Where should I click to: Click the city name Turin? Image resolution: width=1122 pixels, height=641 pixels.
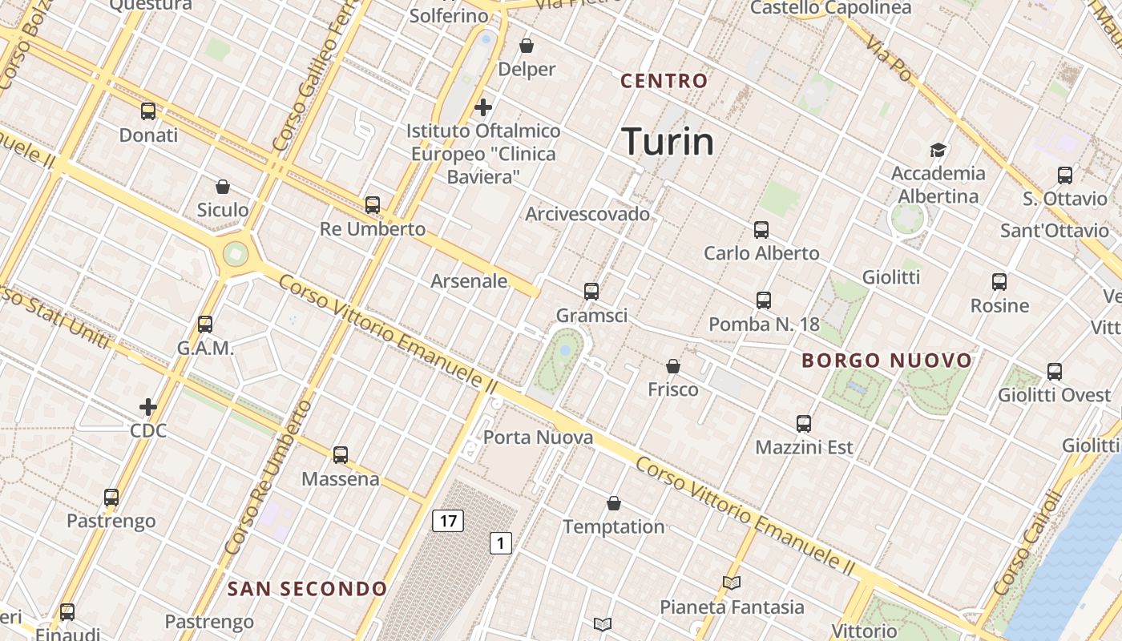click(668, 142)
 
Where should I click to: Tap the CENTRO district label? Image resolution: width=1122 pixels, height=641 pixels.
click(664, 81)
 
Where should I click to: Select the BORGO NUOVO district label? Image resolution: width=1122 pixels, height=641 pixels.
click(887, 361)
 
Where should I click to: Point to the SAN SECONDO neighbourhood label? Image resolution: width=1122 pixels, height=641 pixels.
click(308, 590)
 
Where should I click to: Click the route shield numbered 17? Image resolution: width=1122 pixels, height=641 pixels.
click(448, 521)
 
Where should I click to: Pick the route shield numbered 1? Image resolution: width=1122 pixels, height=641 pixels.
click(501, 543)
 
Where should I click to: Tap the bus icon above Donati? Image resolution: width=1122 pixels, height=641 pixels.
click(148, 111)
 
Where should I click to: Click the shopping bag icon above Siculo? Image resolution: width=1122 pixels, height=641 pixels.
click(223, 187)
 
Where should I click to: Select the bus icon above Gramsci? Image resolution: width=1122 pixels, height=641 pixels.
click(591, 292)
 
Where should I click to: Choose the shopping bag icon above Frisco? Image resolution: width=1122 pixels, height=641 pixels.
click(673, 366)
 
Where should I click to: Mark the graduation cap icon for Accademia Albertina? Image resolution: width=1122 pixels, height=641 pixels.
click(938, 150)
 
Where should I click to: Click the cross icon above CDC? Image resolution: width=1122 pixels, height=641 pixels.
click(148, 407)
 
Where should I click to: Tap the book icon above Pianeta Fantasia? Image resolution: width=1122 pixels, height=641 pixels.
click(731, 583)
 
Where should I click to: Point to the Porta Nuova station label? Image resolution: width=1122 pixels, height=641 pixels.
click(538, 437)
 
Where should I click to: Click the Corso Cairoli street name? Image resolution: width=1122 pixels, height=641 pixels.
click(1026, 552)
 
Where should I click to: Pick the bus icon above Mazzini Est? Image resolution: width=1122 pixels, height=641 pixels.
click(804, 424)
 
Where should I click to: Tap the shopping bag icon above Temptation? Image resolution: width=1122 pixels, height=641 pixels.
click(614, 503)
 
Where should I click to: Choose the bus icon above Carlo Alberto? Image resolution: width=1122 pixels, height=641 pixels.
click(761, 230)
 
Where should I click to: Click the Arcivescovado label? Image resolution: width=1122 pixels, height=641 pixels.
click(587, 214)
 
